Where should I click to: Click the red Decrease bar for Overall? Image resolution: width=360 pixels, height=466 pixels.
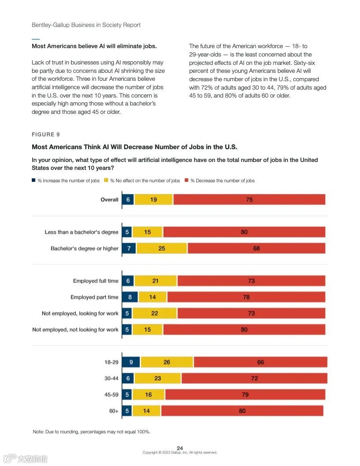[249, 199]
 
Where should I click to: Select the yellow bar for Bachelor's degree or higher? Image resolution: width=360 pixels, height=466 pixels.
[161, 248]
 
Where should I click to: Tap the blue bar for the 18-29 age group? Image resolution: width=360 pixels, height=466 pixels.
[131, 362]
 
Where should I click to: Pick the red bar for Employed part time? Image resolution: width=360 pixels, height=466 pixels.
[246, 297]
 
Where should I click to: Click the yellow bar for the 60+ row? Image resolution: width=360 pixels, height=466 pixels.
[146, 411]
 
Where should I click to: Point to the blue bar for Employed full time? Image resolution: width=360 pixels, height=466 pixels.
[127, 281]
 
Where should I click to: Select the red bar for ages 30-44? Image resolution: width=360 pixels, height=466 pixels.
[254, 378]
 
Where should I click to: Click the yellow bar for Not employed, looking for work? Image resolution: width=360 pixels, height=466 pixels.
[154, 313]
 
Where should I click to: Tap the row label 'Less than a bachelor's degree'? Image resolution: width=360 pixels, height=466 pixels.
[81, 232]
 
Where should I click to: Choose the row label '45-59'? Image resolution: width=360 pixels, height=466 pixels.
[111, 395]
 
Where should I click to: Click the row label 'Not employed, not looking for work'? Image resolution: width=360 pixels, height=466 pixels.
[75, 330]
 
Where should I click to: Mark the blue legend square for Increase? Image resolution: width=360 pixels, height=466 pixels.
[34, 180]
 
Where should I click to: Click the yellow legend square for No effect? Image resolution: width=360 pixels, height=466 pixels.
[106, 180]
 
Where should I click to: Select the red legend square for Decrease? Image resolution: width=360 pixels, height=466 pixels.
[187, 180]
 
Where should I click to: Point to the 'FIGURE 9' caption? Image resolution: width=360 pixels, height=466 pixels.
[45, 135]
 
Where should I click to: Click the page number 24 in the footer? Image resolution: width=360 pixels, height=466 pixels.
[180, 448]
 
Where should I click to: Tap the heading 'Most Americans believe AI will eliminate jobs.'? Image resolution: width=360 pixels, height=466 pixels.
[94, 46]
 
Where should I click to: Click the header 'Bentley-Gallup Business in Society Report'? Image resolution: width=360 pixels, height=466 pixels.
[86, 25]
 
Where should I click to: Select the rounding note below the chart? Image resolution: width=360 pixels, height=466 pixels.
[91, 432]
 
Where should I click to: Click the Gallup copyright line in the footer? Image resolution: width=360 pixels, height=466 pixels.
[180, 452]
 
